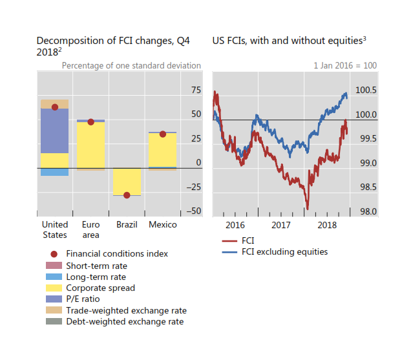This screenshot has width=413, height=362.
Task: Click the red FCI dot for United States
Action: click(54, 107)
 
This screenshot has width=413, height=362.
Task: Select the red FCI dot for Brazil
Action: click(127, 195)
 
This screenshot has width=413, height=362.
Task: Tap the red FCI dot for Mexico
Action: click(163, 134)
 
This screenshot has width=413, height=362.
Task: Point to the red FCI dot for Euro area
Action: click(90, 122)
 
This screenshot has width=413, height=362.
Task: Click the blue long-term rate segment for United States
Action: click(54, 172)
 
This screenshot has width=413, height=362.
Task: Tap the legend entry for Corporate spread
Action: click(100, 288)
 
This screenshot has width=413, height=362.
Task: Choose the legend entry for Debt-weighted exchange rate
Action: click(124, 321)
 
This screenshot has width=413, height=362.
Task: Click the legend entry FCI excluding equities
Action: click(284, 251)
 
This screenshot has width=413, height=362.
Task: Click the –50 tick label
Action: click(193, 211)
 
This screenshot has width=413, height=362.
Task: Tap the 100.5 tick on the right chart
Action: click(366, 90)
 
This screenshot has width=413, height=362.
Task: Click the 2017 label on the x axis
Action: click(281, 225)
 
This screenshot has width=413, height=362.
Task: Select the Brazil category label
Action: click(127, 225)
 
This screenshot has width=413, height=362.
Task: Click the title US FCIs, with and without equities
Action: click(290, 41)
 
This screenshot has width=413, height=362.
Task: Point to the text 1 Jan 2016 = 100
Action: click(344, 66)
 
